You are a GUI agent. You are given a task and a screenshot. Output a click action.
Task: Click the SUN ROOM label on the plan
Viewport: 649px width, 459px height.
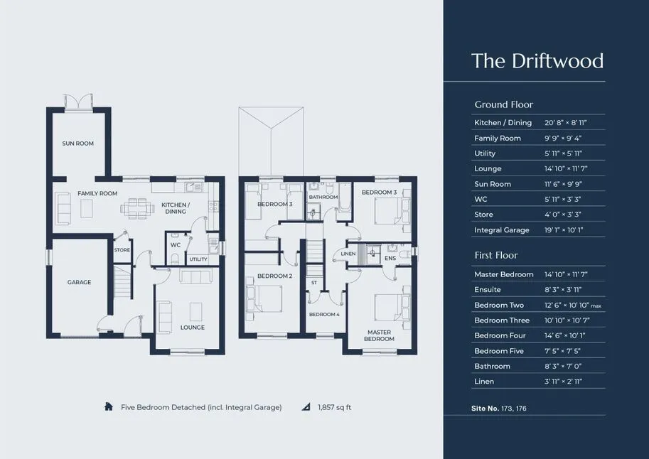(77, 144)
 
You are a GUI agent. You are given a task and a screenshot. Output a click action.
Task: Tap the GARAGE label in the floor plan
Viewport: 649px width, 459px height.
(79, 282)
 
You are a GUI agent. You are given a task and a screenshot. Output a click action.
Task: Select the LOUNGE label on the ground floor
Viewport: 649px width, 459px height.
(193, 328)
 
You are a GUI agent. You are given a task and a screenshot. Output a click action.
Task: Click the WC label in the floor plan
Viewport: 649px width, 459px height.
(176, 245)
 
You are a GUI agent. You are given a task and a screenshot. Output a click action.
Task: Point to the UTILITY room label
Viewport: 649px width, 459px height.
(198, 259)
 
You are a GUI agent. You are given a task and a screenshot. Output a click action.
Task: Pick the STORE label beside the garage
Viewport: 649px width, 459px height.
(122, 250)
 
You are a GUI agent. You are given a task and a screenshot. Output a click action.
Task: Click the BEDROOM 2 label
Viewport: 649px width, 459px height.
(275, 276)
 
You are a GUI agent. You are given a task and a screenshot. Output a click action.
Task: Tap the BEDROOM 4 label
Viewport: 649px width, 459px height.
(324, 315)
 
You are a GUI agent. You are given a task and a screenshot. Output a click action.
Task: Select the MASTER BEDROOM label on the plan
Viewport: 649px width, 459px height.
(379, 335)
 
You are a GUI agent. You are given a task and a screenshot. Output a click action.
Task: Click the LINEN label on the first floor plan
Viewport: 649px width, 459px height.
(348, 254)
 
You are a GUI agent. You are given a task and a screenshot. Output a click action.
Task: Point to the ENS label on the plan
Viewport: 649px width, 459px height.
(390, 258)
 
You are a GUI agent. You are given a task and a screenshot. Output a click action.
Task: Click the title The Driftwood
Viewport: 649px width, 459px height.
(537, 61)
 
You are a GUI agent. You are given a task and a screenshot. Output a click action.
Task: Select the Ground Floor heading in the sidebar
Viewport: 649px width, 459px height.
(504, 104)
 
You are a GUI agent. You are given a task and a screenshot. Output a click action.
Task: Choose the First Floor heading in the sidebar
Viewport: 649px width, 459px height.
(496, 255)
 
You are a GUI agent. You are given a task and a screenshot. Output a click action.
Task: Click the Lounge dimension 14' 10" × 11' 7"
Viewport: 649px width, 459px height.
(566, 168)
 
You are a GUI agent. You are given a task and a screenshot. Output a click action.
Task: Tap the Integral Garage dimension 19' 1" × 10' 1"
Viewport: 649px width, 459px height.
(564, 229)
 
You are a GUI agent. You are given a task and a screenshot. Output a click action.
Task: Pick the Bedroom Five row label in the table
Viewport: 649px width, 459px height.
(499, 351)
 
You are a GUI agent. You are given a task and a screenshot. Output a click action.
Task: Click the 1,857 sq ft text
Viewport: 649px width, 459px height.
(334, 407)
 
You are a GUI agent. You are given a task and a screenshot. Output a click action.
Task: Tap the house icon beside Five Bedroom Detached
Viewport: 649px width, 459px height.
(109, 406)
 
